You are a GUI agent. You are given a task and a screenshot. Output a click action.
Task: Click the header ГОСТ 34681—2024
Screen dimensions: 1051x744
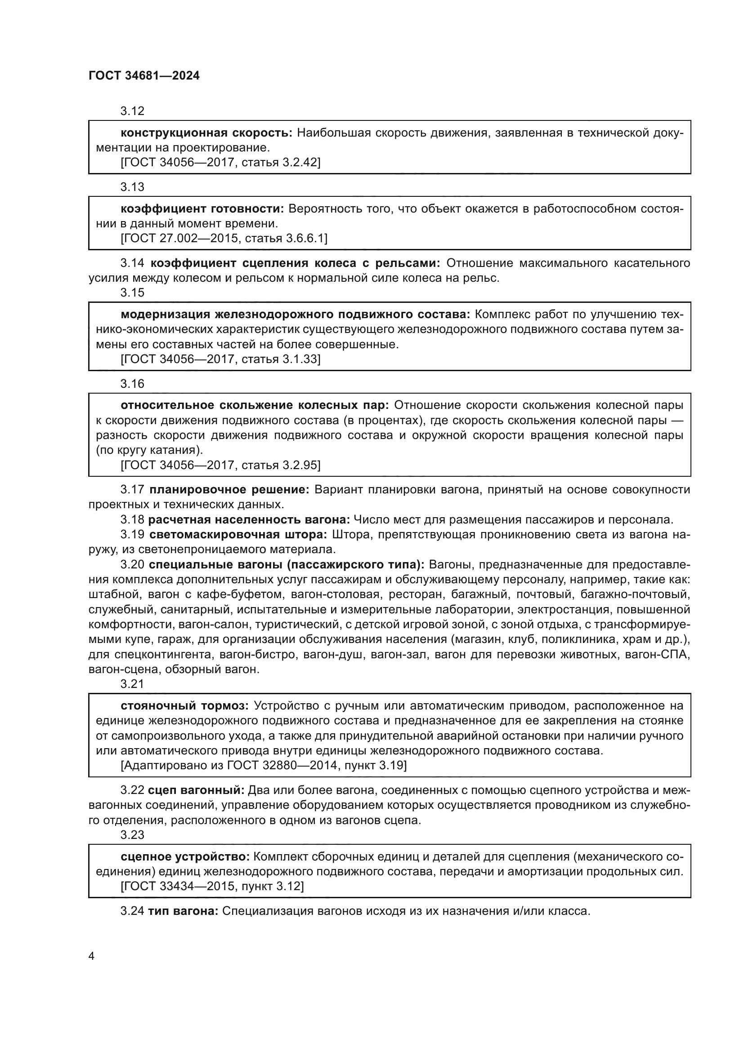[x=144, y=76]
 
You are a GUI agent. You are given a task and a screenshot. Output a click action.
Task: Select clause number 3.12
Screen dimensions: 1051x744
[x=132, y=111]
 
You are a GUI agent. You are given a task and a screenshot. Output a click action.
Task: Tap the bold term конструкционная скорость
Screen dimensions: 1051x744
[x=206, y=133]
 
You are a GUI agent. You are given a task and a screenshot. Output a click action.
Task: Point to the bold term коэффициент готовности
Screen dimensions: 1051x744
[x=202, y=209]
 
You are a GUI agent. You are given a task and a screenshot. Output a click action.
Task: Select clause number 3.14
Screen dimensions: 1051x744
[x=132, y=263]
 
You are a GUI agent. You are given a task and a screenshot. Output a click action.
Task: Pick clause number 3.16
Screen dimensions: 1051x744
[x=132, y=384]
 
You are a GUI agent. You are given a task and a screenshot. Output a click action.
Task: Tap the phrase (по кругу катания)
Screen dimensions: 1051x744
[x=149, y=450]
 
